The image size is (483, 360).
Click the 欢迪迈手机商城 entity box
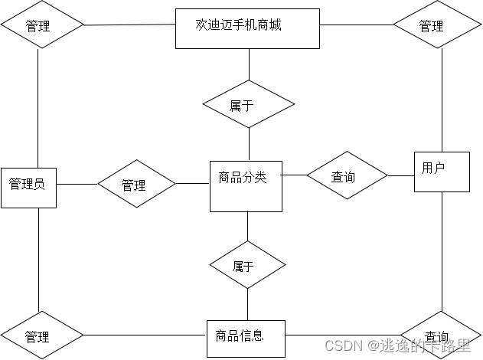247,28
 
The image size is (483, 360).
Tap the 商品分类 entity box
246,185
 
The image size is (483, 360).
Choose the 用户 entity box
442,171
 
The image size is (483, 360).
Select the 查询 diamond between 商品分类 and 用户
347,176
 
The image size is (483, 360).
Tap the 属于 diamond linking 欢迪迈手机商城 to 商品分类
248,105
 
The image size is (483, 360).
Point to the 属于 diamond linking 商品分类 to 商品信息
247,266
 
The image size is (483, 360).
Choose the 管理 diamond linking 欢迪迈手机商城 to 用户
432,25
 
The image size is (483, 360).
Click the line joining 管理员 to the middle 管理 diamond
77,184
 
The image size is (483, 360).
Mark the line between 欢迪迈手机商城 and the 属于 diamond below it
248,64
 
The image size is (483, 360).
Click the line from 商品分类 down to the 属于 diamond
247,227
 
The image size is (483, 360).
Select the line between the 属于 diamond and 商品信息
247,304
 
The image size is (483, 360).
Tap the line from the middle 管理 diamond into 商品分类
192,183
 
